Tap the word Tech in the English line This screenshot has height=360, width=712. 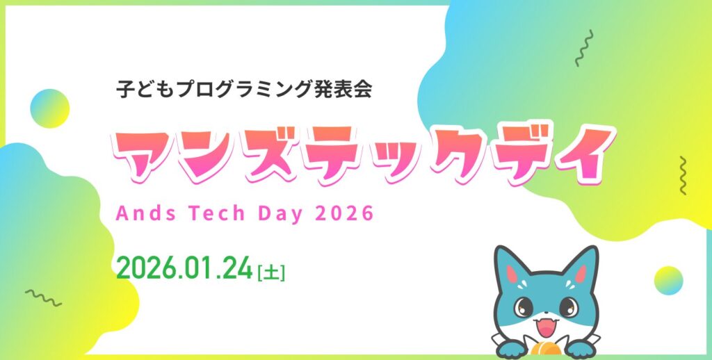(x=216, y=213)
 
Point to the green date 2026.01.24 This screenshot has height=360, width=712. (x=184, y=269)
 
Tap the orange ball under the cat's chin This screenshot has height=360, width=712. (x=545, y=347)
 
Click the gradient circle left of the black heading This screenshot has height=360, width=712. (x=50, y=108)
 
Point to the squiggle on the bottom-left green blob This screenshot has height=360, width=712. (x=43, y=297)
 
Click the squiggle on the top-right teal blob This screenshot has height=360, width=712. (x=584, y=48)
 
